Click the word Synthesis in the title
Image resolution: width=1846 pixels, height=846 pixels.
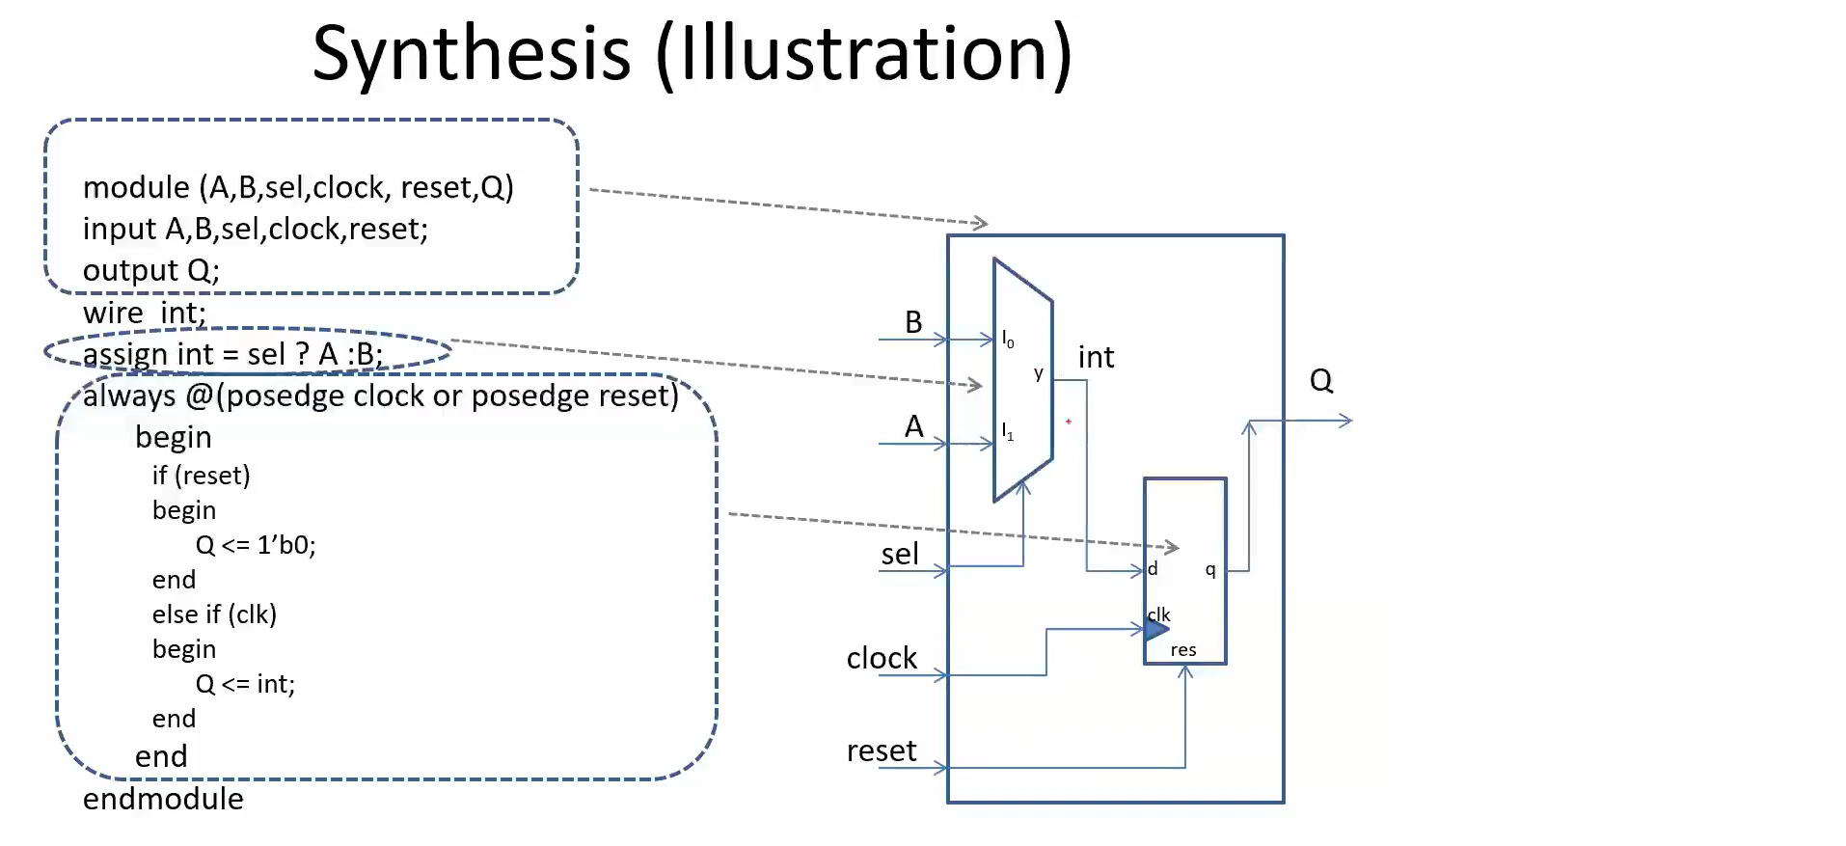coord(472,54)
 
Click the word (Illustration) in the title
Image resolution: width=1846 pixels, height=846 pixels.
coord(864,54)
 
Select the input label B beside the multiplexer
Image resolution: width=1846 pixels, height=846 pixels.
coord(913,322)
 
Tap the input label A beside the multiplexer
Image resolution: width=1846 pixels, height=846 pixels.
coord(913,426)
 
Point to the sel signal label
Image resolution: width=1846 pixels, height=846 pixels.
coord(899,555)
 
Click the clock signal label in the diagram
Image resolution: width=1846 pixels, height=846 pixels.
coord(882,658)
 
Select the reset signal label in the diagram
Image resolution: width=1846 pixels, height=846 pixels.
coord(882,750)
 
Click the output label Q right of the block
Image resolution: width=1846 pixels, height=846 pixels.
coord(1321,381)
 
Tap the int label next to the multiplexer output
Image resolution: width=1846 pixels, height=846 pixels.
coord(1096,358)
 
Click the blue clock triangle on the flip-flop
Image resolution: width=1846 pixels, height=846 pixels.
coord(1155,631)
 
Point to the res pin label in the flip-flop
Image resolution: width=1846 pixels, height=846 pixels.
coord(1183,650)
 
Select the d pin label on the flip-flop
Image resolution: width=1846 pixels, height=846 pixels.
coord(1153,569)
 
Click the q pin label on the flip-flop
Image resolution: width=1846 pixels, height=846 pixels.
coord(1210,569)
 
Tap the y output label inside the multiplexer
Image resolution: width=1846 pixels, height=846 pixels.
coord(1038,373)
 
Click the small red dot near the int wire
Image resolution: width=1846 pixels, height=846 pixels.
coord(1069,422)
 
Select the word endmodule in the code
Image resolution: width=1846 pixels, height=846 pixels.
coord(163,799)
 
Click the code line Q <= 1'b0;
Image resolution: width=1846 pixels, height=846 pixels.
coord(256,545)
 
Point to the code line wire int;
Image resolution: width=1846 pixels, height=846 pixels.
coord(145,314)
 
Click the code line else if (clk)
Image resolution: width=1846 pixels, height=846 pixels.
coord(214,614)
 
